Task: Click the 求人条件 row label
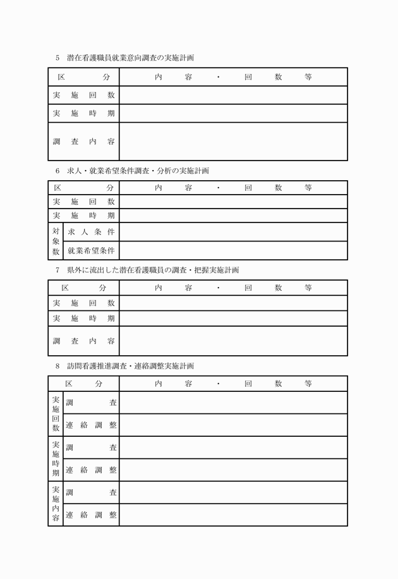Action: tap(91, 232)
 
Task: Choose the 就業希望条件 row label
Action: tap(91, 250)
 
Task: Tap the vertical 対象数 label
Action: tap(56, 241)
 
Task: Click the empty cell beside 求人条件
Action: tap(232, 232)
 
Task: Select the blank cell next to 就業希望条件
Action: tap(232, 250)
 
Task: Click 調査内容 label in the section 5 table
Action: tap(83, 142)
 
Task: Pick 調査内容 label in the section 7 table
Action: tap(83, 341)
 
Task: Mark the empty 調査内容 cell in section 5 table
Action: tap(232, 142)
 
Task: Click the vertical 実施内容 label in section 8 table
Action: tap(56, 504)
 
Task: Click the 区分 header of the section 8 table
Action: tap(83, 384)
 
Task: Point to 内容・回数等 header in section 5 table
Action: tap(232, 76)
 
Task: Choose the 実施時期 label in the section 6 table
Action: tap(83, 216)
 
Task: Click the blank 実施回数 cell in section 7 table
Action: tap(232, 303)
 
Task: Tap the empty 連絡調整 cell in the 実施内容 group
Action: tap(232, 515)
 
